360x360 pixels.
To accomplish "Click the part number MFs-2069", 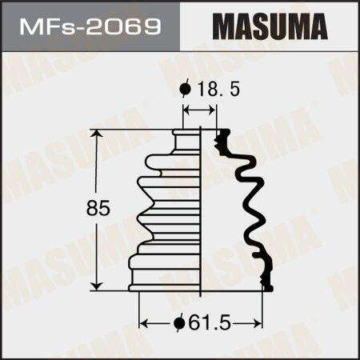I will click(x=89, y=24).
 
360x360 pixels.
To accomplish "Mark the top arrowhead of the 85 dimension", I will click(x=98, y=133).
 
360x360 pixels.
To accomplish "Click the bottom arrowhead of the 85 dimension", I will click(x=98, y=286).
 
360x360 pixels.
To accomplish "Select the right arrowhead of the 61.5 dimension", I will click(x=260, y=323).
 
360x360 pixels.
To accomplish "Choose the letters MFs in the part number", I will click(x=51, y=24).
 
